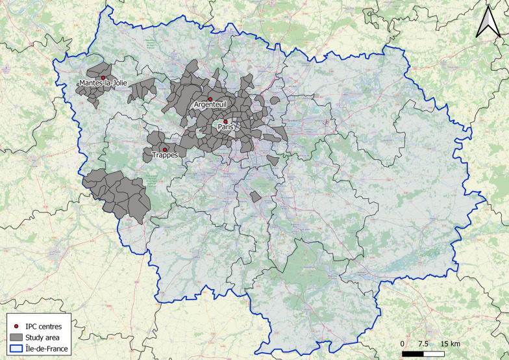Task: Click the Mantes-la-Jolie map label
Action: (x=103, y=83)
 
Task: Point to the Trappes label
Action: (x=164, y=155)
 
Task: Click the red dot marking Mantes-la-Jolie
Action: (x=103, y=77)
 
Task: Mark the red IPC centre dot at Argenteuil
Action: (x=210, y=99)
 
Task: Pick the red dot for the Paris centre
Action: (x=226, y=122)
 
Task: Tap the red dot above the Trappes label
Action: (x=165, y=149)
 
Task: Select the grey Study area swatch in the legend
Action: (x=16, y=337)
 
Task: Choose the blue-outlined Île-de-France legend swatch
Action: (x=16, y=349)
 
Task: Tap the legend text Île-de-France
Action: (x=50, y=349)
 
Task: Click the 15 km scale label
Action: (x=451, y=342)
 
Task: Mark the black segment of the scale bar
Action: (x=414, y=354)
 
